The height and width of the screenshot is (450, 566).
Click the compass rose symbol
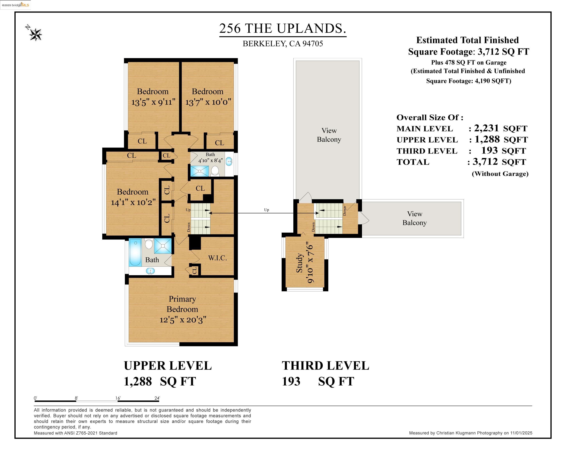click(x=35, y=34)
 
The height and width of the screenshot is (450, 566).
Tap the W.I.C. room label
click(x=217, y=258)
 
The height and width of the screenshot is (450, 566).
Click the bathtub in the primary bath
click(x=135, y=252)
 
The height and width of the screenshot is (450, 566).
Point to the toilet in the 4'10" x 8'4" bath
click(x=215, y=170)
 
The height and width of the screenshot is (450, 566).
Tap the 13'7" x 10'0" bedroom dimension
click(x=208, y=102)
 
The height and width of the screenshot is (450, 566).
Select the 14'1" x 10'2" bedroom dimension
click(x=133, y=202)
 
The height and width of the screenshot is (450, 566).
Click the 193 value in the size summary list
click(x=489, y=151)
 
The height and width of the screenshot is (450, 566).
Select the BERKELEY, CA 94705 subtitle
click(x=283, y=44)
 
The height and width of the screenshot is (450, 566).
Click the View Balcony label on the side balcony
click(x=414, y=218)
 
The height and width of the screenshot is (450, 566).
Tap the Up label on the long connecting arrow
click(x=266, y=210)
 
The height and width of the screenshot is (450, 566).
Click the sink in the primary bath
click(x=150, y=271)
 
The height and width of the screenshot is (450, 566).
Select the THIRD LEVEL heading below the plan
click(x=325, y=366)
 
